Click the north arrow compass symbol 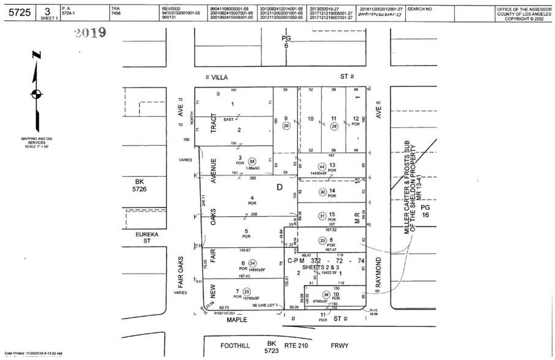35,93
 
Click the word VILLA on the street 229,77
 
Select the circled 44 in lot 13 322,167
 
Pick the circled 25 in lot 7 247,291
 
